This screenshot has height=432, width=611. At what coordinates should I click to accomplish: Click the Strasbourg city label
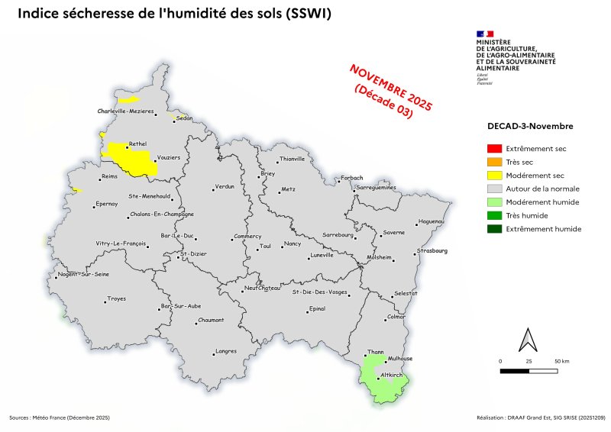pos(432,250)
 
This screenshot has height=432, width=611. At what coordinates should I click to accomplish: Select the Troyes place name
pos(116,298)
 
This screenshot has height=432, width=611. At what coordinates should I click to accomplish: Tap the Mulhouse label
pos(400,358)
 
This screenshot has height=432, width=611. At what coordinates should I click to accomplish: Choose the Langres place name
pos(226,351)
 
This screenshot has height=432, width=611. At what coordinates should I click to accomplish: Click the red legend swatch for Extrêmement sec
pos(494,149)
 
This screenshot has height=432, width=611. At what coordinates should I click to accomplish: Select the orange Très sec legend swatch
pos(494,162)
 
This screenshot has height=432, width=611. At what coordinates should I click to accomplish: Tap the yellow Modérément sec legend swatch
pos(494,176)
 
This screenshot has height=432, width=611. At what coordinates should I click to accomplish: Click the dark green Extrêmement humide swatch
pos(494,229)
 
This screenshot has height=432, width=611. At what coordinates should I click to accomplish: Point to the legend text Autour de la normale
pos(542,189)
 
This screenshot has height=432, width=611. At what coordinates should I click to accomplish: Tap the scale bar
pos(529,370)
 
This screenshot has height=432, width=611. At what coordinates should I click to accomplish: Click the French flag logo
pos(484,34)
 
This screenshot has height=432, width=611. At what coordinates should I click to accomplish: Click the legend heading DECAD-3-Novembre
pos(530,126)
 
